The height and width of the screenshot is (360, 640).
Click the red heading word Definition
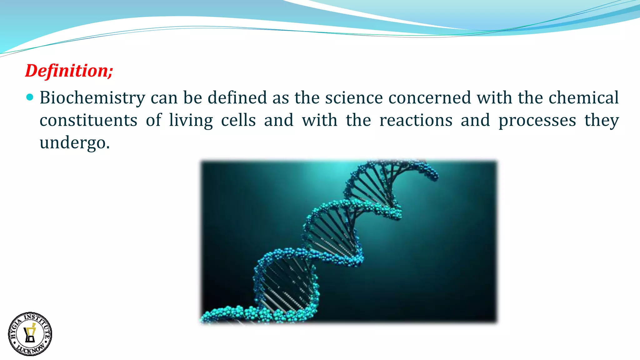click(67, 71)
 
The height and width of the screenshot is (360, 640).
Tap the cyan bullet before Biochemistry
click(30, 97)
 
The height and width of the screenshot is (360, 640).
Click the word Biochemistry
click(92, 98)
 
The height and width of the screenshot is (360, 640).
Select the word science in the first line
click(354, 97)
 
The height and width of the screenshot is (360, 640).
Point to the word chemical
click(583, 97)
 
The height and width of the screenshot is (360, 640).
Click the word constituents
click(88, 120)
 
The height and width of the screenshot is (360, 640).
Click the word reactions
click(416, 120)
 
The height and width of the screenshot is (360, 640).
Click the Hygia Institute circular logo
click(30, 334)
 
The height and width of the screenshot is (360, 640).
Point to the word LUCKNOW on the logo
click(30, 349)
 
